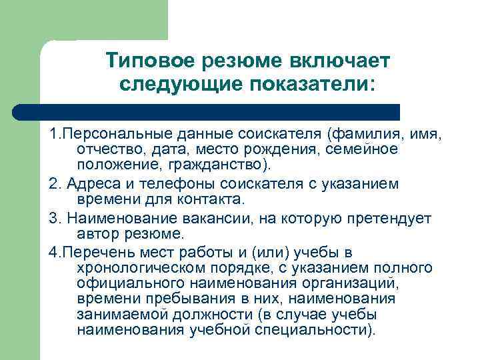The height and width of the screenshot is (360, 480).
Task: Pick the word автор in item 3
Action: point(96,233)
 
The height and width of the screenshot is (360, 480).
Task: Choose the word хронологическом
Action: point(146,268)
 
